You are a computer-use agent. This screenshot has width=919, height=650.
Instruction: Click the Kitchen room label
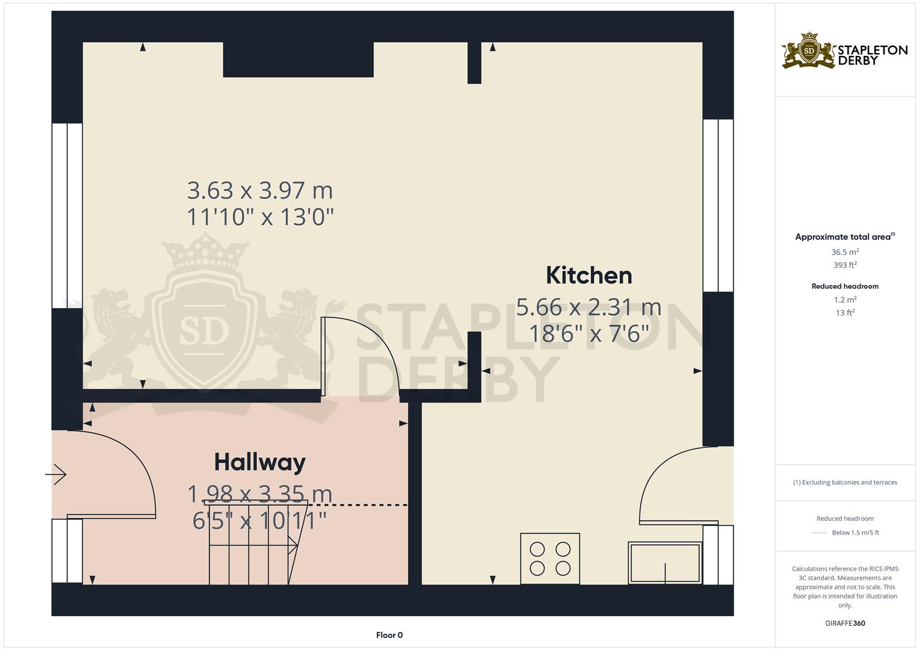589,276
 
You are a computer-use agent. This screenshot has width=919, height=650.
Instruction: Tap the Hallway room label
260,462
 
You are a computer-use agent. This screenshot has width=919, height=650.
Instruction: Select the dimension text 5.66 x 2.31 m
589,308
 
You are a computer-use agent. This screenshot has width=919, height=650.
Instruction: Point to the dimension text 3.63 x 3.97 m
260,191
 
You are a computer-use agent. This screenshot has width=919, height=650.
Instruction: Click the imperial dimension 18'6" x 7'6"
589,333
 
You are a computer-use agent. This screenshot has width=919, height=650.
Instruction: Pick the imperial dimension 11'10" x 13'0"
260,217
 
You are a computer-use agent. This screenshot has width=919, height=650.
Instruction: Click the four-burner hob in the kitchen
550,558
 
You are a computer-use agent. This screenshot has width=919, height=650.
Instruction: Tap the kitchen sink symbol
665,563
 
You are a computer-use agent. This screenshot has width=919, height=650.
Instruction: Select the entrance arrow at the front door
56,475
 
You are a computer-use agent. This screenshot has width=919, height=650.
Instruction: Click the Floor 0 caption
389,635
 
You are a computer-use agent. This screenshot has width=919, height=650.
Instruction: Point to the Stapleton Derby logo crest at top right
809,51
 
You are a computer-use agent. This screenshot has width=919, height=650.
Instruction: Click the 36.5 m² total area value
845,252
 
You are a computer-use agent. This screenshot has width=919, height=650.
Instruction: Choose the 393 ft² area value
845,265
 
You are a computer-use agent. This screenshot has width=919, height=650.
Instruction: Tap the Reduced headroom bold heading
845,286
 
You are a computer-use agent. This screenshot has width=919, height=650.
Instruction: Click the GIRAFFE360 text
845,623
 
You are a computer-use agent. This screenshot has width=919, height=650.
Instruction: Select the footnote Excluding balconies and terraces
845,482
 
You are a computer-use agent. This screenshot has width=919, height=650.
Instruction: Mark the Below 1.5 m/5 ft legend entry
855,533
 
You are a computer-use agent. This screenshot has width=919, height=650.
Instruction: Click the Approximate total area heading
844,237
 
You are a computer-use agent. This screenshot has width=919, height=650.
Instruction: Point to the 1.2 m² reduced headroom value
845,300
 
